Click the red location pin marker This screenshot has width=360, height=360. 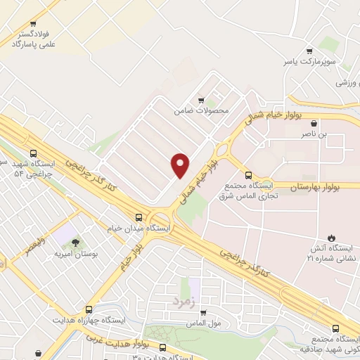[x=181, y=165]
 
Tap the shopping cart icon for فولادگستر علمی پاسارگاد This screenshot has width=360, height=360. [x=33, y=23]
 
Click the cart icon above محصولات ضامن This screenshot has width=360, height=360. [x=202, y=101]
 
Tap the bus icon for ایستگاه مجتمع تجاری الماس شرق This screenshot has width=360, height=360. [x=247, y=175]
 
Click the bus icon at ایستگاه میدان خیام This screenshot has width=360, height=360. [x=139, y=217]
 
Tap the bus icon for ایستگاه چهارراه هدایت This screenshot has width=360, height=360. [x=89, y=309]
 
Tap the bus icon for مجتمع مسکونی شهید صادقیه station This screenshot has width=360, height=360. [x=334, y=328]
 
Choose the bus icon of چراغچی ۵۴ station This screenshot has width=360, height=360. [x=33, y=154]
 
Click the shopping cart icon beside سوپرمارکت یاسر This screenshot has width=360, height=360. [x=309, y=51]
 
